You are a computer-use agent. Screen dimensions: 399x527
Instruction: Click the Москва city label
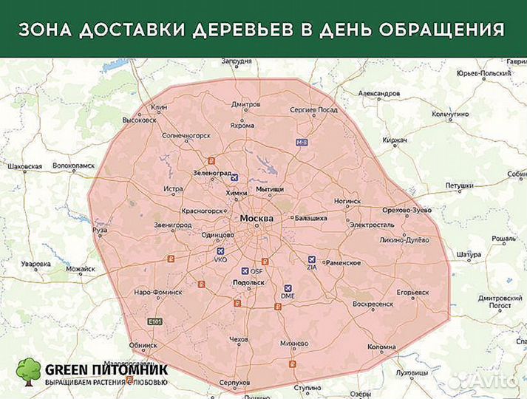256,219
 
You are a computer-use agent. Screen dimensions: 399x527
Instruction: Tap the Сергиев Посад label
313,109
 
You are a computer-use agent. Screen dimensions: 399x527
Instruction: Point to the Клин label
159,107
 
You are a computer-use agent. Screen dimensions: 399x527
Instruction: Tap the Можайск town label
81,269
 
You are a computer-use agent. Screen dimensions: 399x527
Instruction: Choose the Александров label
378,94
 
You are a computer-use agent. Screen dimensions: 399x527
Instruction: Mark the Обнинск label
143,345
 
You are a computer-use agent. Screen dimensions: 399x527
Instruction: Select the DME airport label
288,296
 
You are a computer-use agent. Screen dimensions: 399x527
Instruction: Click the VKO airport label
220,260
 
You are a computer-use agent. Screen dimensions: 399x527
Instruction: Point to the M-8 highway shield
301,141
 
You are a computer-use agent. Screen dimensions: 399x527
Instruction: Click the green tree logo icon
30,372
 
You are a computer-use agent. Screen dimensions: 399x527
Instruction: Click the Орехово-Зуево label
407,211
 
